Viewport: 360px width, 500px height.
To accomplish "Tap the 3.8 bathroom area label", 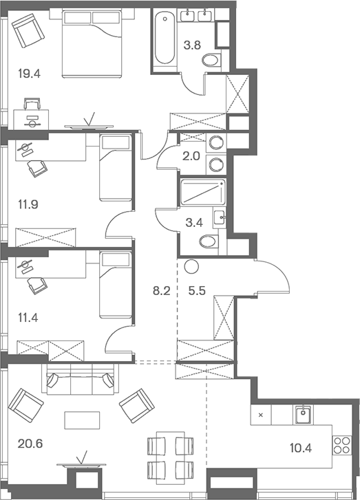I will pyautogui.click(x=192, y=47).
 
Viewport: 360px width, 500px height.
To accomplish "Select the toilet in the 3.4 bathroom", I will pyautogui.click(x=209, y=241).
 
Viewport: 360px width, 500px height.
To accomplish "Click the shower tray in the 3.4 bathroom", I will pyautogui.click(x=202, y=193).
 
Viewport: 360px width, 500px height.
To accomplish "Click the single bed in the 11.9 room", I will pyautogui.click(x=115, y=168).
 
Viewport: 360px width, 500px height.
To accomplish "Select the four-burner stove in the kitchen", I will pyautogui.click(x=342, y=446).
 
